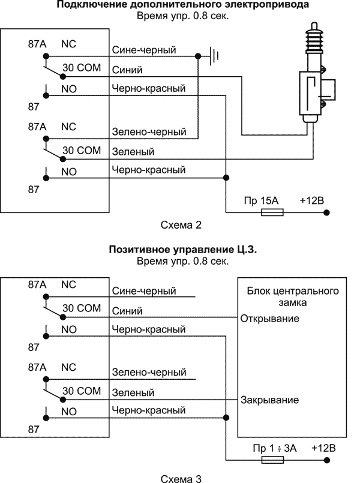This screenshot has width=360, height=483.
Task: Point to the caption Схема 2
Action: (x=179, y=226)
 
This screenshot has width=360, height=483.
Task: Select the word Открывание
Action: (x=269, y=318)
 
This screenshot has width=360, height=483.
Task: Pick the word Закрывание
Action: (x=269, y=400)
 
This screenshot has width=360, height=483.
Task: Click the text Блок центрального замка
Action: (x=293, y=296)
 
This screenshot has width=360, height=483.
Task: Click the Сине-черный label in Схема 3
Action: (x=144, y=291)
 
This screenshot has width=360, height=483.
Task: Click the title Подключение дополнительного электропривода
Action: (x=184, y=5)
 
